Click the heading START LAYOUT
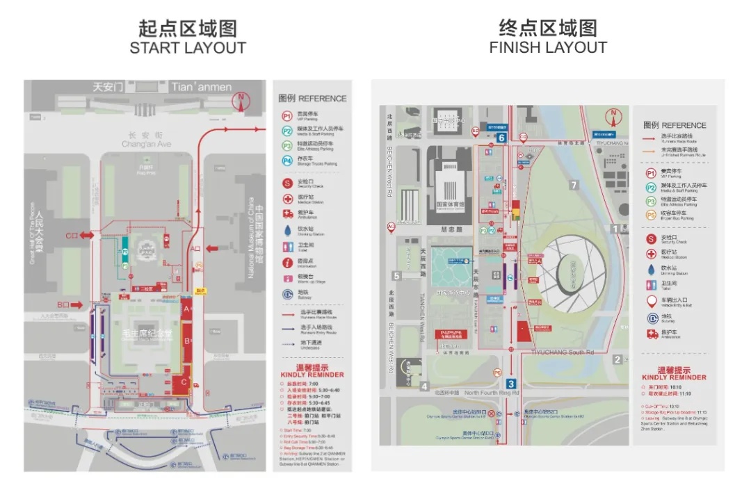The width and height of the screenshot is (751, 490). tap(188, 48)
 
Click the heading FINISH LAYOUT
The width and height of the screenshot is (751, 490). tap(548, 48)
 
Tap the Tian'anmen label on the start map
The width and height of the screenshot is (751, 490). tap(202, 87)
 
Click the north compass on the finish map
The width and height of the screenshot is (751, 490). tap(614, 117)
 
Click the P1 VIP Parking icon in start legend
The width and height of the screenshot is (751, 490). tap(286, 116)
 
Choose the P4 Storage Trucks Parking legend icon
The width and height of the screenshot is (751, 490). tap(286, 161)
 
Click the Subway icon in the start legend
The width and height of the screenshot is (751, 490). tap(286, 295)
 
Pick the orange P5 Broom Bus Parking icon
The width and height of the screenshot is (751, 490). tap(652, 215)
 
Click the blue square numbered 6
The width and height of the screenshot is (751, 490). tap(501, 138)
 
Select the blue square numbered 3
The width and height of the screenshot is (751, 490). tap(511, 384)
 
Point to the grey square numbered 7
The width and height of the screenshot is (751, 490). tap(574, 185)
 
